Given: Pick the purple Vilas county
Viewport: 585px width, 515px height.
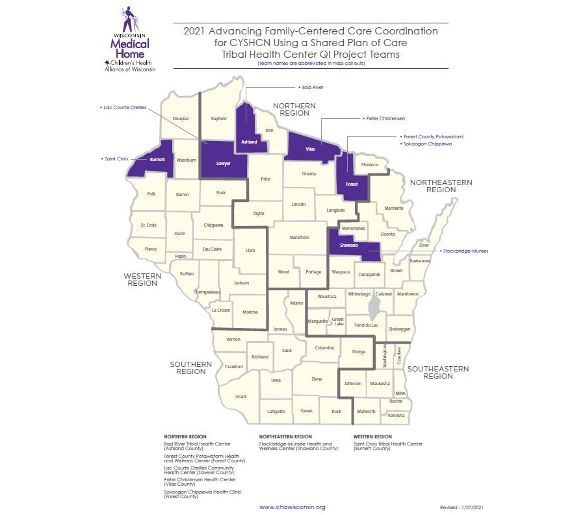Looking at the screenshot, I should click(311, 148).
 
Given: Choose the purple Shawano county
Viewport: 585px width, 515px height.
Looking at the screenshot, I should click(350, 245).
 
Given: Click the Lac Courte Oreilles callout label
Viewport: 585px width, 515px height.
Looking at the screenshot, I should click(124, 107).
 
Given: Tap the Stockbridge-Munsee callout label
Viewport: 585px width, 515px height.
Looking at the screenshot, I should click(463, 250).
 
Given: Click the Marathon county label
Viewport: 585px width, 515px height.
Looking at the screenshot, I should click(299, 237).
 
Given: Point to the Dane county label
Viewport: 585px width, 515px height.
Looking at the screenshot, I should click(317, 379).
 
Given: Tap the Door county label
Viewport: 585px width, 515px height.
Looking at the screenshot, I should click(424, 245).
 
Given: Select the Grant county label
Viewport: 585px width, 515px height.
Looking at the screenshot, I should click(240, 396).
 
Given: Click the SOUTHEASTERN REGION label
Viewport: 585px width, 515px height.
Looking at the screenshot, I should click(437, 372).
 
